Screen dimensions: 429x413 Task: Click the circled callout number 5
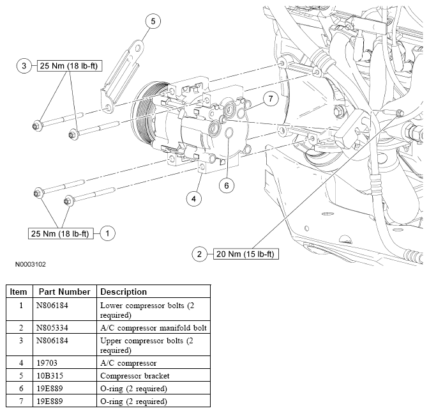(x=153, y=21)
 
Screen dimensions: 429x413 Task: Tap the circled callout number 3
(x=24, y=66)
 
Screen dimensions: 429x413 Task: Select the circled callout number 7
(x=271, y=98)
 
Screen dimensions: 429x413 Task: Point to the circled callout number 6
(x=227, y=186)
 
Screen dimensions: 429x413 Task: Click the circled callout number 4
(x=193, y=199)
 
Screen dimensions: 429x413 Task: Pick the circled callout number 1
(x=107, y=233)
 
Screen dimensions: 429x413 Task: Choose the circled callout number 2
(x=199, y=254)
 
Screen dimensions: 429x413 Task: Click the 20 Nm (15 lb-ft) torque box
(x=246, y=254)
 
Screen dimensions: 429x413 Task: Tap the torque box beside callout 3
(x=70, y=66)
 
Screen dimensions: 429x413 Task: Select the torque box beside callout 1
(x=61, y=233)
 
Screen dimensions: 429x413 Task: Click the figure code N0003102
(x=31, y=265)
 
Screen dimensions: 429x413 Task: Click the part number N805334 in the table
(x=52, y=328)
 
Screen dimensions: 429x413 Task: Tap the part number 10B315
(x=50, y=376)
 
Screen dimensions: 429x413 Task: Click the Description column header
(x=123, y=292)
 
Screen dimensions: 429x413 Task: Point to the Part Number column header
(x=64, y=292)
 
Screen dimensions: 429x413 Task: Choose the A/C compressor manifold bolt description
(x=153, y=328)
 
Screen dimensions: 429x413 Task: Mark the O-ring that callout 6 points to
(x=229, y=133)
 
